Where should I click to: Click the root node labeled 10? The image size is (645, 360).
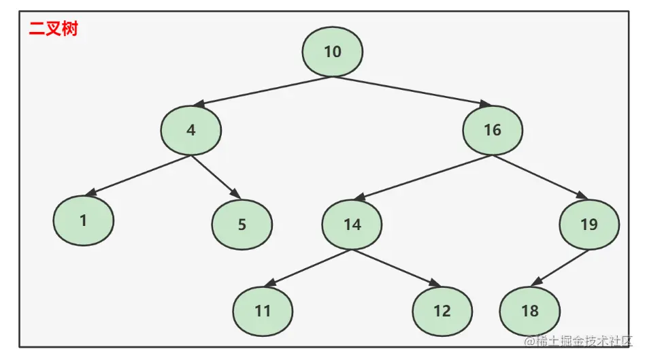tap(332, 52)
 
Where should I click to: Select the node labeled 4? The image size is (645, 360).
tap(191, 130)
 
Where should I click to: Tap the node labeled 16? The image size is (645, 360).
tap(493, 130)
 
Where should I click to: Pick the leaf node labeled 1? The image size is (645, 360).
tap(84, 220)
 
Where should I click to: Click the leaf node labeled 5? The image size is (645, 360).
tap(242, 225)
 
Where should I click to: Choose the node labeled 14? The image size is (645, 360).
tap(352, 225)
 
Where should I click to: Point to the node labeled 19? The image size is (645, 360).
tap(589, 225)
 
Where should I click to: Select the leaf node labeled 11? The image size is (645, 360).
tap(263, 311)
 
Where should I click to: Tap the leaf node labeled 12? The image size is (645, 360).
tap(442, 311)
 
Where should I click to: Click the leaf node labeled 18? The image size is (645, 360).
tap(529, 311)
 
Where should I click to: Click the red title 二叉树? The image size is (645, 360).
tap(53, 30)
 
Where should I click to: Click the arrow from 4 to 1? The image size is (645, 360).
tap(141, 176)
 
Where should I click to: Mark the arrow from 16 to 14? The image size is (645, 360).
tap(423, 178)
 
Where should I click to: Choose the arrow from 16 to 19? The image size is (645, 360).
tap(540, 177)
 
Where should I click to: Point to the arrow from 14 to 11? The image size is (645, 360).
tap(308, 267)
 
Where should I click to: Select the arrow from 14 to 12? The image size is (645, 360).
tap(395, 267)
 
